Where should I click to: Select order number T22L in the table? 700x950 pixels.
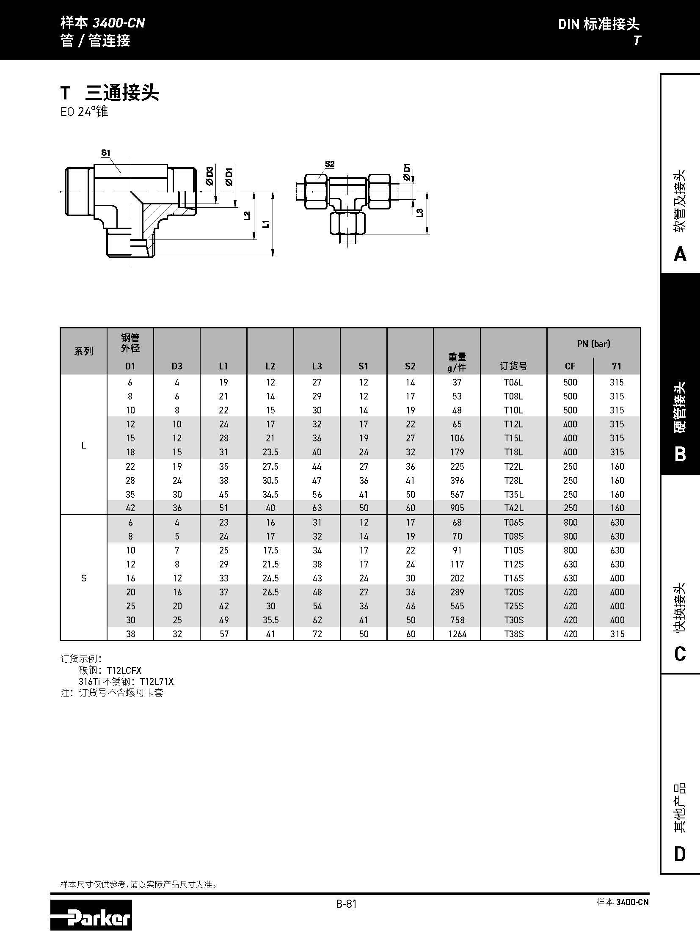click(513, 466)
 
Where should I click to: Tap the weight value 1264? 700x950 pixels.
click(457, 634)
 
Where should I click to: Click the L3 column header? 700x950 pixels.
click(317, 366)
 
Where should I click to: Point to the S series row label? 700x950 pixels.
click(84, 578)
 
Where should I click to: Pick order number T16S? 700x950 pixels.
click(513, 578)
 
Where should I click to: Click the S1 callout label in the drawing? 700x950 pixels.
click(105, 152)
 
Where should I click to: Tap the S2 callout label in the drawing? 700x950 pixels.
click(330, 164)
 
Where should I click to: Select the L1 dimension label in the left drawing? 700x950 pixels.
click(266, 224)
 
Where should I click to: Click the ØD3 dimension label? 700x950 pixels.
click(210, 176)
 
